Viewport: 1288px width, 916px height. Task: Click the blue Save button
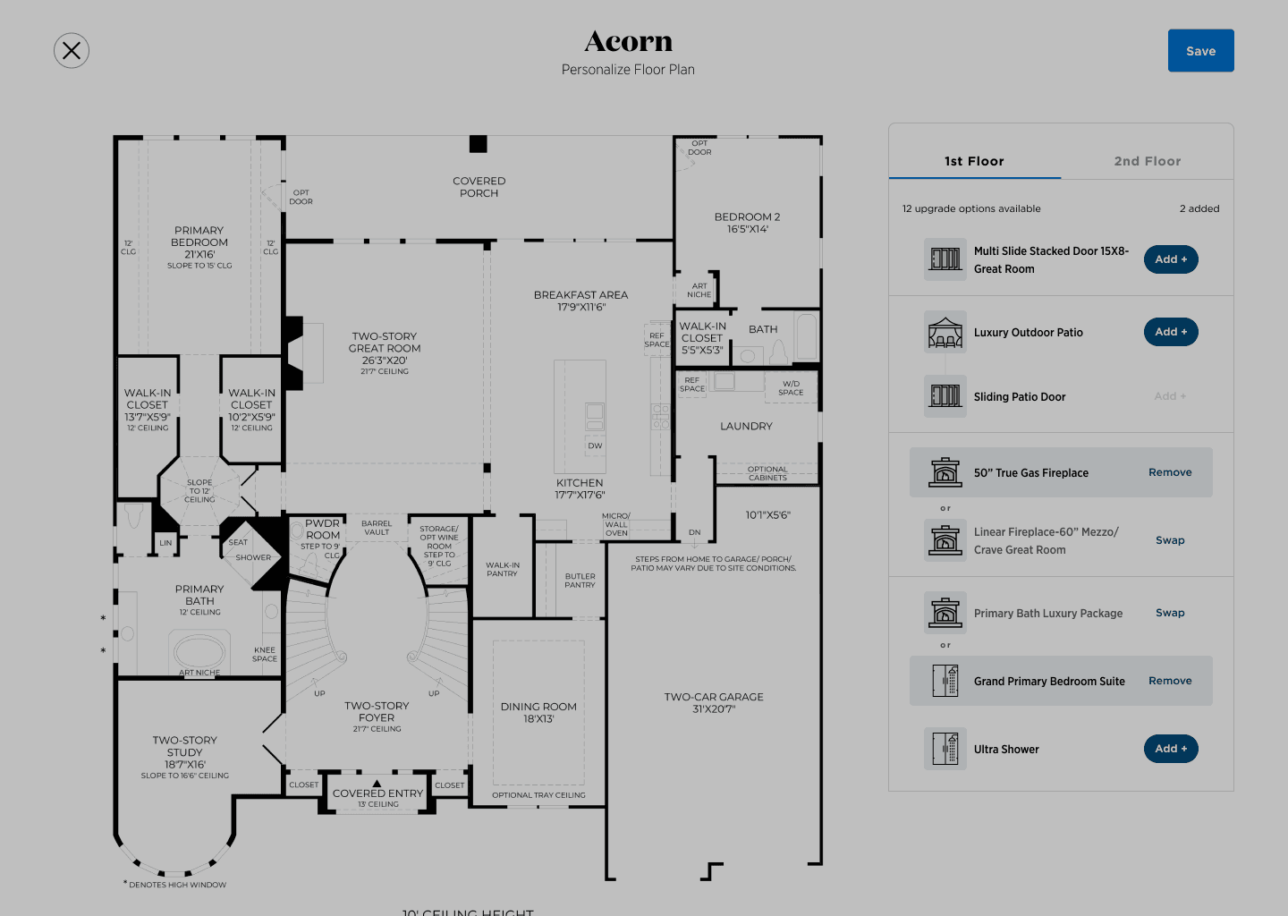coord(1200,51)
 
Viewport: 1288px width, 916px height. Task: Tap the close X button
coord(72,50)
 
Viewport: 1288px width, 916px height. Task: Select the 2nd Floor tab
coord(1147,161)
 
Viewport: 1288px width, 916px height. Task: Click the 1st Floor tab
coord(974,161)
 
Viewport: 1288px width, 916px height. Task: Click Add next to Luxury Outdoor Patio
coord(1170,332)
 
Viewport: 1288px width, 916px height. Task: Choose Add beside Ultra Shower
coord(1170,749)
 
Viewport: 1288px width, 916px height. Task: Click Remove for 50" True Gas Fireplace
coord(1170,472)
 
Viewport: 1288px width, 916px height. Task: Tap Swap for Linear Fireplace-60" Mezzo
coord(1170,540)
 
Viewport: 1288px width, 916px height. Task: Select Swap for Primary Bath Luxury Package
coord(1170,613)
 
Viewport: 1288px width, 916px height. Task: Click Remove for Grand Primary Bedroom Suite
coord(1170,681)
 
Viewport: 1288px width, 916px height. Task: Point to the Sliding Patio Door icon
coord(945,396)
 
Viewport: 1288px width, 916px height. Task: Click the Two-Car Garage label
coord(714,703)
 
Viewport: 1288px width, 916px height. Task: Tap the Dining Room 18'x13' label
coord(538,712)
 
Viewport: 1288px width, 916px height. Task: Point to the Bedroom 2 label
coord(747,223)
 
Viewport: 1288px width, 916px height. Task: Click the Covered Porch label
coord(479,187)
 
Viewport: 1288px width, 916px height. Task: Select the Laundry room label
coord(746,427)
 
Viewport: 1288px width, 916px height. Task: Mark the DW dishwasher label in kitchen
coord(595,445)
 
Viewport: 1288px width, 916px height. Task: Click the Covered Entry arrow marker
coord(377,784)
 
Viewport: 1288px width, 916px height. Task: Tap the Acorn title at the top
coord(628,41)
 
